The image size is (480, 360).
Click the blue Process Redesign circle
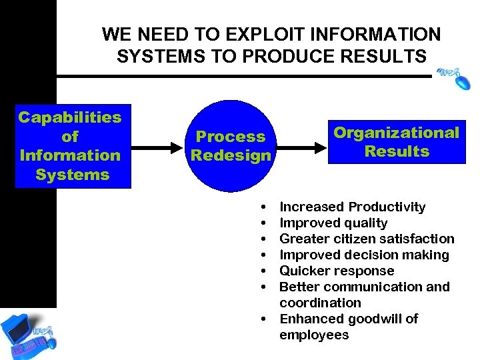[231, 146]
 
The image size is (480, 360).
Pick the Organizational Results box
[396, 141]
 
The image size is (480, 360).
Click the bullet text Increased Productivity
[352, 207]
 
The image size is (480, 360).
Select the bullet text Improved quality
[333, 223]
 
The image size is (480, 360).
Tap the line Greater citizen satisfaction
[367, 239]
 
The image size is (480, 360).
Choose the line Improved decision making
[364, 255]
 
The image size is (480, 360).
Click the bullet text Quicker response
[337, 271]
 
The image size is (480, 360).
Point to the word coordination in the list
[320, 303]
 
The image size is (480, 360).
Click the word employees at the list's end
[314, 335]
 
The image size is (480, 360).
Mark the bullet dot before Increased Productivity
[265, 207]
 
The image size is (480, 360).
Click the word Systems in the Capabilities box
[72, 175]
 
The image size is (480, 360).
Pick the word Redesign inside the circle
[231, 156]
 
